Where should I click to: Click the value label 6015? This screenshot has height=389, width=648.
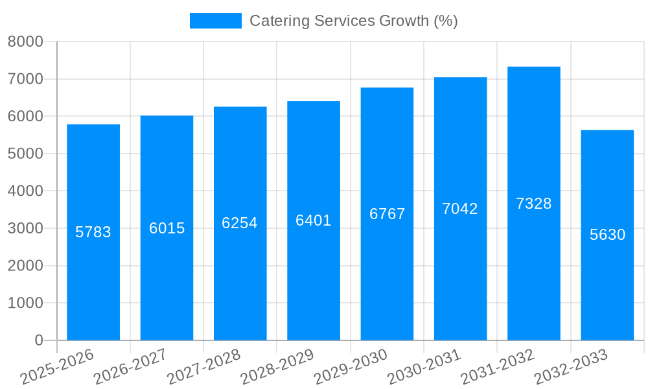click(167, 228)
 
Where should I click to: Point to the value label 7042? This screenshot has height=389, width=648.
click(460, 209)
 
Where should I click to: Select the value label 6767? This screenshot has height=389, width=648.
click(388, 214)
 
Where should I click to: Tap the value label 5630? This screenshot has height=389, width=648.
click(608, 235)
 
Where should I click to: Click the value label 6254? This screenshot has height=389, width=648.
click(240, 223)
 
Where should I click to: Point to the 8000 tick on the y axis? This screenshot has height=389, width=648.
click(25, 41)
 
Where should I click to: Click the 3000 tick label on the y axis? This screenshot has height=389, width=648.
click(25, 228)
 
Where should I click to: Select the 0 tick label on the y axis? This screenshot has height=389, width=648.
click(39, 340)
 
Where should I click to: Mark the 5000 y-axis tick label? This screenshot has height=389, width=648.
click(25, 154)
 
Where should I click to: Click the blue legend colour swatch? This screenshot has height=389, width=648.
click(215, 21)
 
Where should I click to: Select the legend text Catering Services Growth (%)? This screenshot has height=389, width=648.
click(354, 21)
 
